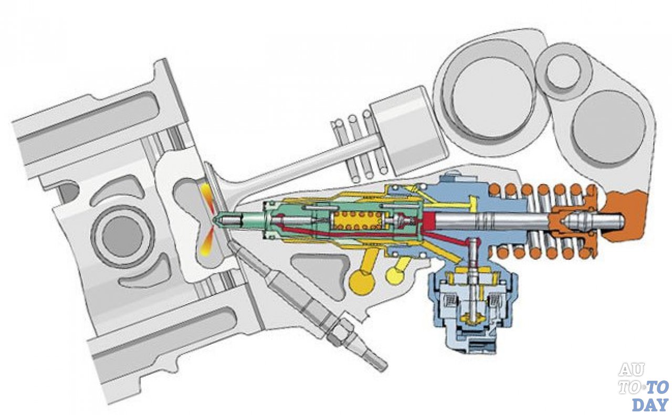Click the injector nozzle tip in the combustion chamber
coord(217,220)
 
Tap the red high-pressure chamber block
coord(428,220)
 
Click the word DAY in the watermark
coord(650,405)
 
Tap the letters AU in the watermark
coord(631,370)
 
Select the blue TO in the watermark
coord(658,387)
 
